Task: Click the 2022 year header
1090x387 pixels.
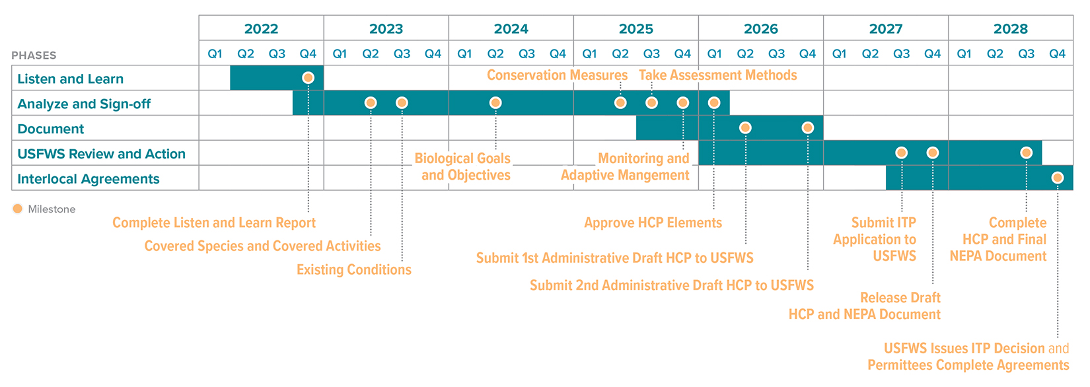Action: (261, 28)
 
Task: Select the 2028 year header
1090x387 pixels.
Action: (1010, 28)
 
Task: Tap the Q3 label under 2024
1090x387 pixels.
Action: (527, 53)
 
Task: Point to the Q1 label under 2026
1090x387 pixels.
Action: (714, 53)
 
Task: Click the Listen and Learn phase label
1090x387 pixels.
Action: (70, 79)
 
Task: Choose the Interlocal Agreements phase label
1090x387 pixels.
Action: (88, 179)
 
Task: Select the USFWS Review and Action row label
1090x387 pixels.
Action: (101, 154)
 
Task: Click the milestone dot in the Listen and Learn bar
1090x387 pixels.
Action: (308, 78)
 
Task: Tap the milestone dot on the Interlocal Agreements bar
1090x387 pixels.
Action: (1057, 178)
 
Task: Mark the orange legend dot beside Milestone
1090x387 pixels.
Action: (18, 209)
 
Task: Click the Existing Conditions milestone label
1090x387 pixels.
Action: (353, 269)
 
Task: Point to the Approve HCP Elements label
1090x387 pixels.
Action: (653, 223)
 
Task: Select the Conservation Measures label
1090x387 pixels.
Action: (557, 75)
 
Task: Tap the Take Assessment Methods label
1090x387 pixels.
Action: (717, 75)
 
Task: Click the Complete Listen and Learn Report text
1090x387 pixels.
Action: (214, 223)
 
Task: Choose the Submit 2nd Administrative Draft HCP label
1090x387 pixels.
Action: (671, 285)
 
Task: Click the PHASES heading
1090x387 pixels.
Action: (34, 55)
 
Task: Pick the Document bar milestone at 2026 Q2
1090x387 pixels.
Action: (745, 127)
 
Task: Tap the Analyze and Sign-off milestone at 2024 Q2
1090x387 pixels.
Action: (495, 103)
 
